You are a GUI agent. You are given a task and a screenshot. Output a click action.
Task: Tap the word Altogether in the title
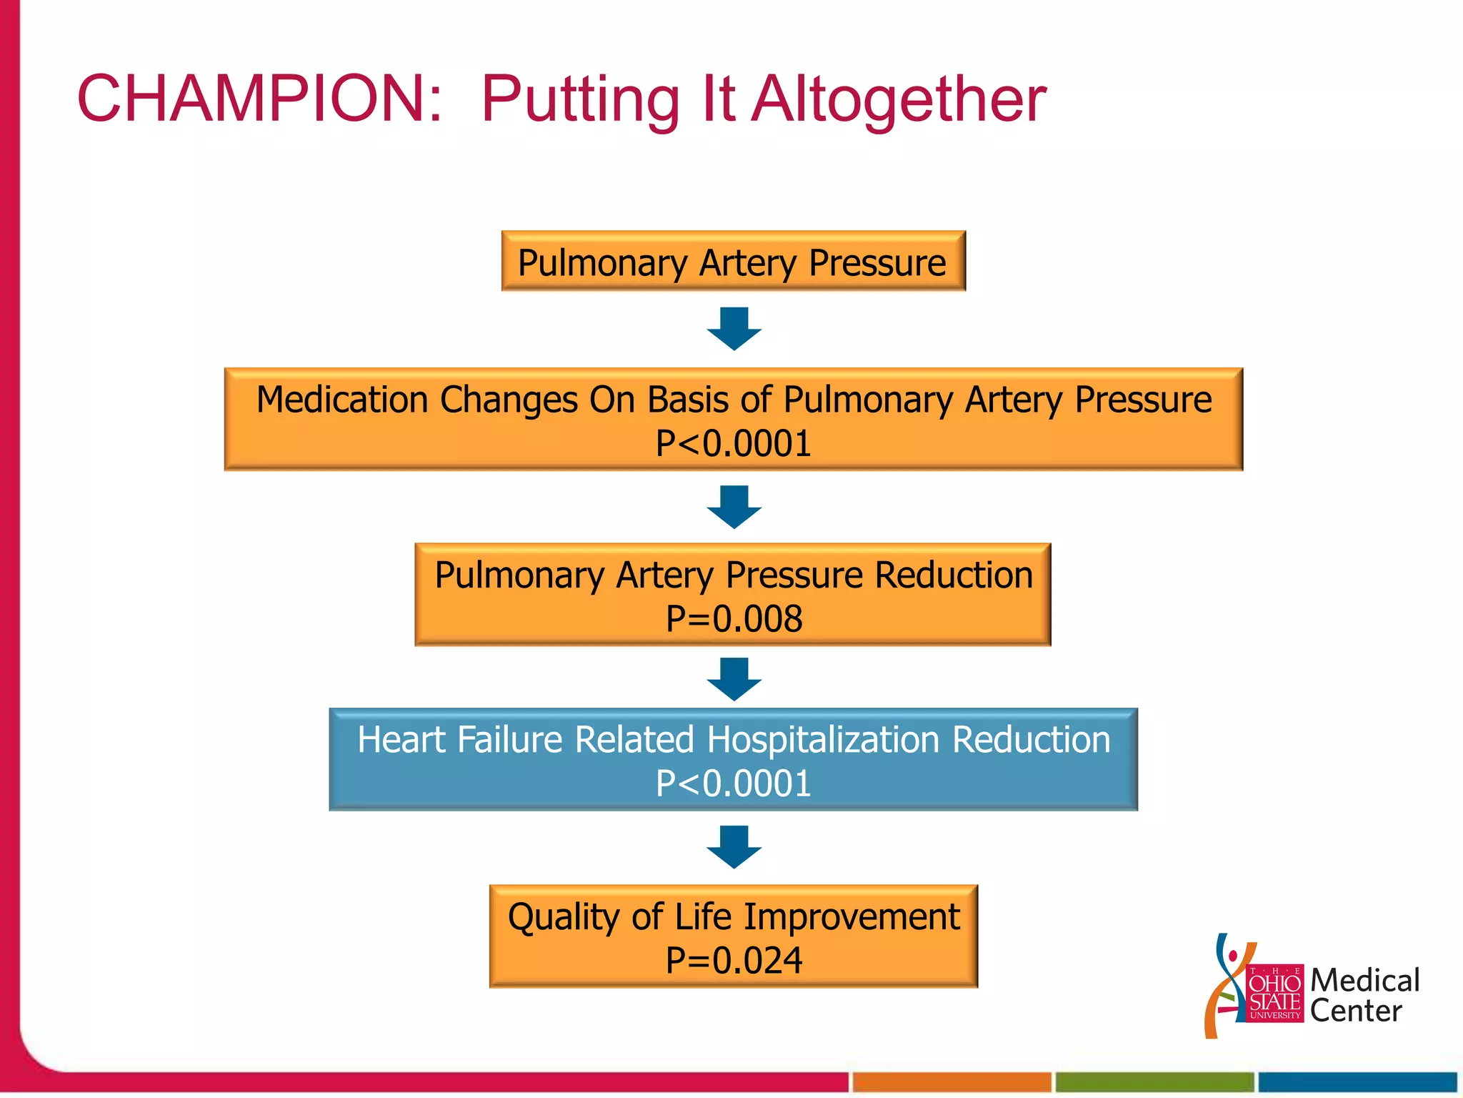tap(900, 99)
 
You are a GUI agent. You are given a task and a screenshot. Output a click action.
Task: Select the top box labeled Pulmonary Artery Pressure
tap(733, 262)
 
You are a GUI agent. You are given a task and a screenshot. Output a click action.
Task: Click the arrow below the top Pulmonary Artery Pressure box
tap(734, 329)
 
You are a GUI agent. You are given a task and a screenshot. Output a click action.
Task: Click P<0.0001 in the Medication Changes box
tap(734, 444)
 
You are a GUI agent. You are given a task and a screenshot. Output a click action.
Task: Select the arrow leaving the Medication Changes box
tap(734, 507)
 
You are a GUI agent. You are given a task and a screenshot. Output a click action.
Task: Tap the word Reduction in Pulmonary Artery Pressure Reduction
tap(954, 575)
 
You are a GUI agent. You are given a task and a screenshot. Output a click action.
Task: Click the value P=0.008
tap(734, 619)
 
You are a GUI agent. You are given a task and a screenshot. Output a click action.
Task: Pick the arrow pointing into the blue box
tap(734, 679)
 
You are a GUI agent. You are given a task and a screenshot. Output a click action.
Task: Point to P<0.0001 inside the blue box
tap(734, 784)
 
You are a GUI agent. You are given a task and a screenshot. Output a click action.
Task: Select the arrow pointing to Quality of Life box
tap(734, 847)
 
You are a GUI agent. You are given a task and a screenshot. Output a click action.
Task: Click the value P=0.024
tap(734, 961)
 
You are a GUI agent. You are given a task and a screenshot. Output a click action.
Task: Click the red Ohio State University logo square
tap(1274, 994)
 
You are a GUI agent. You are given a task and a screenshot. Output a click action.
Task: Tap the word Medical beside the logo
tap(1364, 980)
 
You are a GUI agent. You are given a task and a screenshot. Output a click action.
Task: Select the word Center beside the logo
tap(1355, 1011)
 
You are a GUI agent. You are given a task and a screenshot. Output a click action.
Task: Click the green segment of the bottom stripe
tap(1154, 1082)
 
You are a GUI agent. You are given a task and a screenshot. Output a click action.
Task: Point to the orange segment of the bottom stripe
tap(952, 1082)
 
